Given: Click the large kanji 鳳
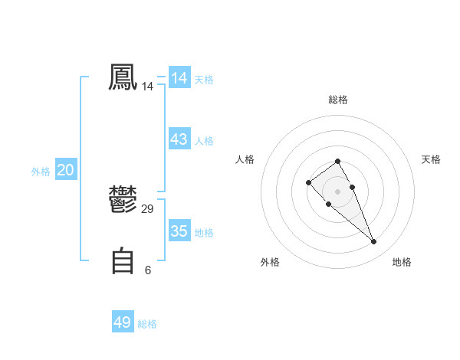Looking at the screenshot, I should (123, 78).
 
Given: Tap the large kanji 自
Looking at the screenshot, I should (123, 261).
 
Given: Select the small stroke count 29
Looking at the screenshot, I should (148, 209).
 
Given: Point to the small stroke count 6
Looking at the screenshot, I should (148, 270).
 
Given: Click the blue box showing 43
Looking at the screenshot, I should (179, 139).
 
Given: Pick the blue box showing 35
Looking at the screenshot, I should (179, 231).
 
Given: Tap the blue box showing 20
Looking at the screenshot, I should (65, 170).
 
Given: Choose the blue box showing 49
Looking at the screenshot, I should (123, 322).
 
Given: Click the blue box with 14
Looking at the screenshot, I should (179, 78).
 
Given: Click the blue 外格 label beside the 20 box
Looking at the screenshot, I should (41, 172).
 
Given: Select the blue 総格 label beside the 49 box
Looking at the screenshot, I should (147, 324).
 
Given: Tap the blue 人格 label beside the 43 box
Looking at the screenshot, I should (205, 141).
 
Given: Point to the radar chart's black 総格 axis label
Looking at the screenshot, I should (338, 100).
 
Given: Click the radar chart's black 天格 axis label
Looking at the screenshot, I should (431, 159).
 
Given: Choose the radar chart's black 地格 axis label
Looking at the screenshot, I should (402, 262).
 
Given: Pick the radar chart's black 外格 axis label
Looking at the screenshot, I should (270, 262).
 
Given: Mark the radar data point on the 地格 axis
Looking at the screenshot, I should (374, 242).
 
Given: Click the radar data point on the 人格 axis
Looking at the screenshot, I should (308, 182).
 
